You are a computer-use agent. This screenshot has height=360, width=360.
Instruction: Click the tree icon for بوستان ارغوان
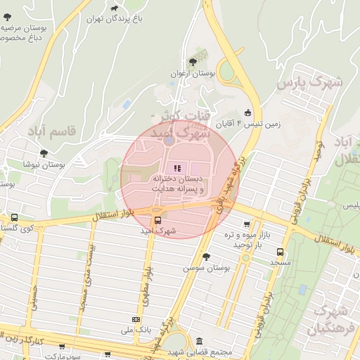(193, 62)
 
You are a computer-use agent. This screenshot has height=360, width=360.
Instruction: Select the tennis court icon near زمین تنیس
(247, 112)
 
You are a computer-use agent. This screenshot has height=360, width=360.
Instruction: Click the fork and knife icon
(176, 167)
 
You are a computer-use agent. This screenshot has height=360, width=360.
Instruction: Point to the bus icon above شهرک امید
(157, 220)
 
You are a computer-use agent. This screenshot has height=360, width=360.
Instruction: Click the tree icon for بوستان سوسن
(205, 257)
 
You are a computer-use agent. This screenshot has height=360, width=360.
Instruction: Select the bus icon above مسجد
(280, 251)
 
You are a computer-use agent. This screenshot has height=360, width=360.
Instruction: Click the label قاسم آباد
(51, 131)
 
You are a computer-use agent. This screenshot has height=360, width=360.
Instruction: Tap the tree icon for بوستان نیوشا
(43, 153)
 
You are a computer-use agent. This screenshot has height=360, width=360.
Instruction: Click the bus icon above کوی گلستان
(14, 217)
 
